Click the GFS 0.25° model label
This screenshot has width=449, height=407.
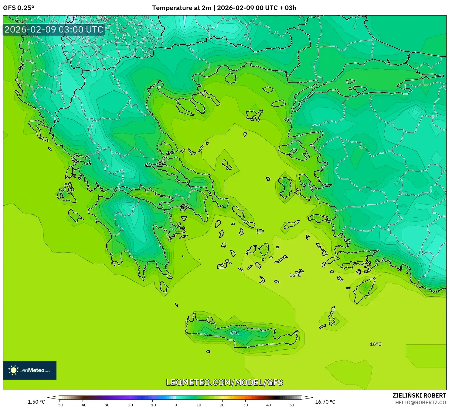point(19,8)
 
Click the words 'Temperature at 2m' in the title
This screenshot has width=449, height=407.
point(181,8)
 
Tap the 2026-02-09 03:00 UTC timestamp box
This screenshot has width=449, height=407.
point(54,30)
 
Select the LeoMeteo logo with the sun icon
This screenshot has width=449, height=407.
point(30,370)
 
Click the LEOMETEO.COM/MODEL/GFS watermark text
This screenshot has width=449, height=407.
point(224,382)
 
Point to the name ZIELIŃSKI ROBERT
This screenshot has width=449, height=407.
point(419,395)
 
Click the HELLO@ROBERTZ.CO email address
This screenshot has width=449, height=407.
point(420,402)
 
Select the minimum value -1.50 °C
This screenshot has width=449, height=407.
point(35,402)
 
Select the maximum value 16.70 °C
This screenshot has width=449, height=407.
point(325,402)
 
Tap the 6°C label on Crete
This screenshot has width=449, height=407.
point(235,333)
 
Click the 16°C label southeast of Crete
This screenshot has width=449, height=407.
point(376,344)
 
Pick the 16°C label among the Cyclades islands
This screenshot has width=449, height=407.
point(295,275)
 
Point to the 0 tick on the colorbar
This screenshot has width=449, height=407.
point(176,405)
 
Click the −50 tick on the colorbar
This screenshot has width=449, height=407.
point(60,405)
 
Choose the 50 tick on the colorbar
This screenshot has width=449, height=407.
point(292,405)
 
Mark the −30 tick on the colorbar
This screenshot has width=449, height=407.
point(106,405)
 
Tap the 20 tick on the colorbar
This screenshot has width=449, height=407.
point(222,405)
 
